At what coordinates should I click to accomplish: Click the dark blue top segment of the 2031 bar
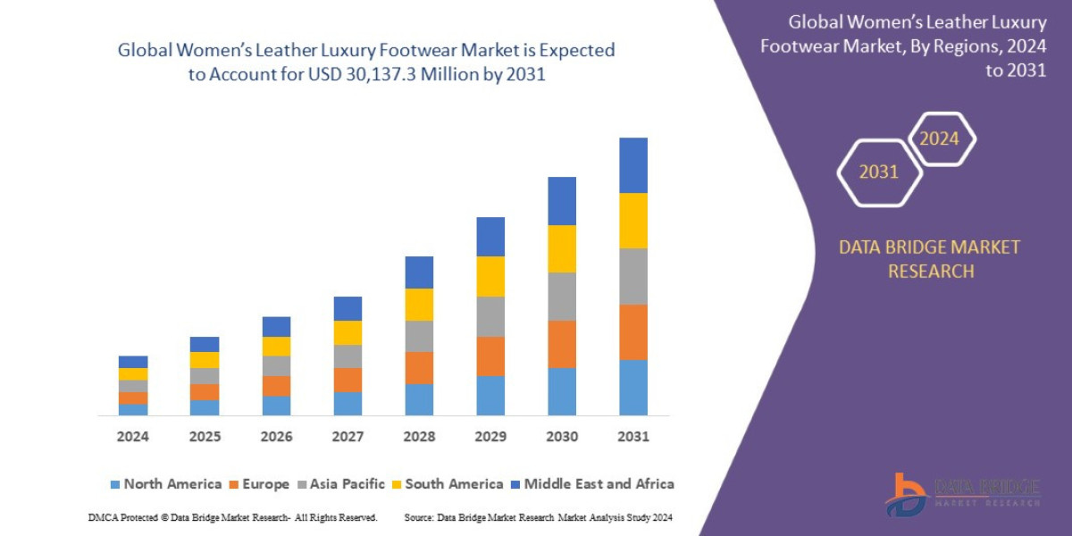(633, 165)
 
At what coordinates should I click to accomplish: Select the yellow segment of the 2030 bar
(562, 248)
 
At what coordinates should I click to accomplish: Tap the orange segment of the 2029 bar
(490, 356)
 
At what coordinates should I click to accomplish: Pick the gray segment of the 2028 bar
(419, 336)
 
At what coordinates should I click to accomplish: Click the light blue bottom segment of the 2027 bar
(348, 404)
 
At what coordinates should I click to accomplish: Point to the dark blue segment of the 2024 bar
(133, 362)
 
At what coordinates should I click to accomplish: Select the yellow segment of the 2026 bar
(276, 346)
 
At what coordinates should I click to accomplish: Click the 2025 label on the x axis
(205, 437)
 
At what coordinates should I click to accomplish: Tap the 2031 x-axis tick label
(633, 437)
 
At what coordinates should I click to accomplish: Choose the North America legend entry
(165, 484)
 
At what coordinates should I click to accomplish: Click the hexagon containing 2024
(941, 139)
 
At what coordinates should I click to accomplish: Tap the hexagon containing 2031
(879, 172)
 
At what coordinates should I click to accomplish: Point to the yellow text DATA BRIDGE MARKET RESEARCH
(929, 259)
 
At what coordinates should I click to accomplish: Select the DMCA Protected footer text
(232, 517)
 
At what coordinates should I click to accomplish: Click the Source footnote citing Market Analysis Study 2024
(538, 517)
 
